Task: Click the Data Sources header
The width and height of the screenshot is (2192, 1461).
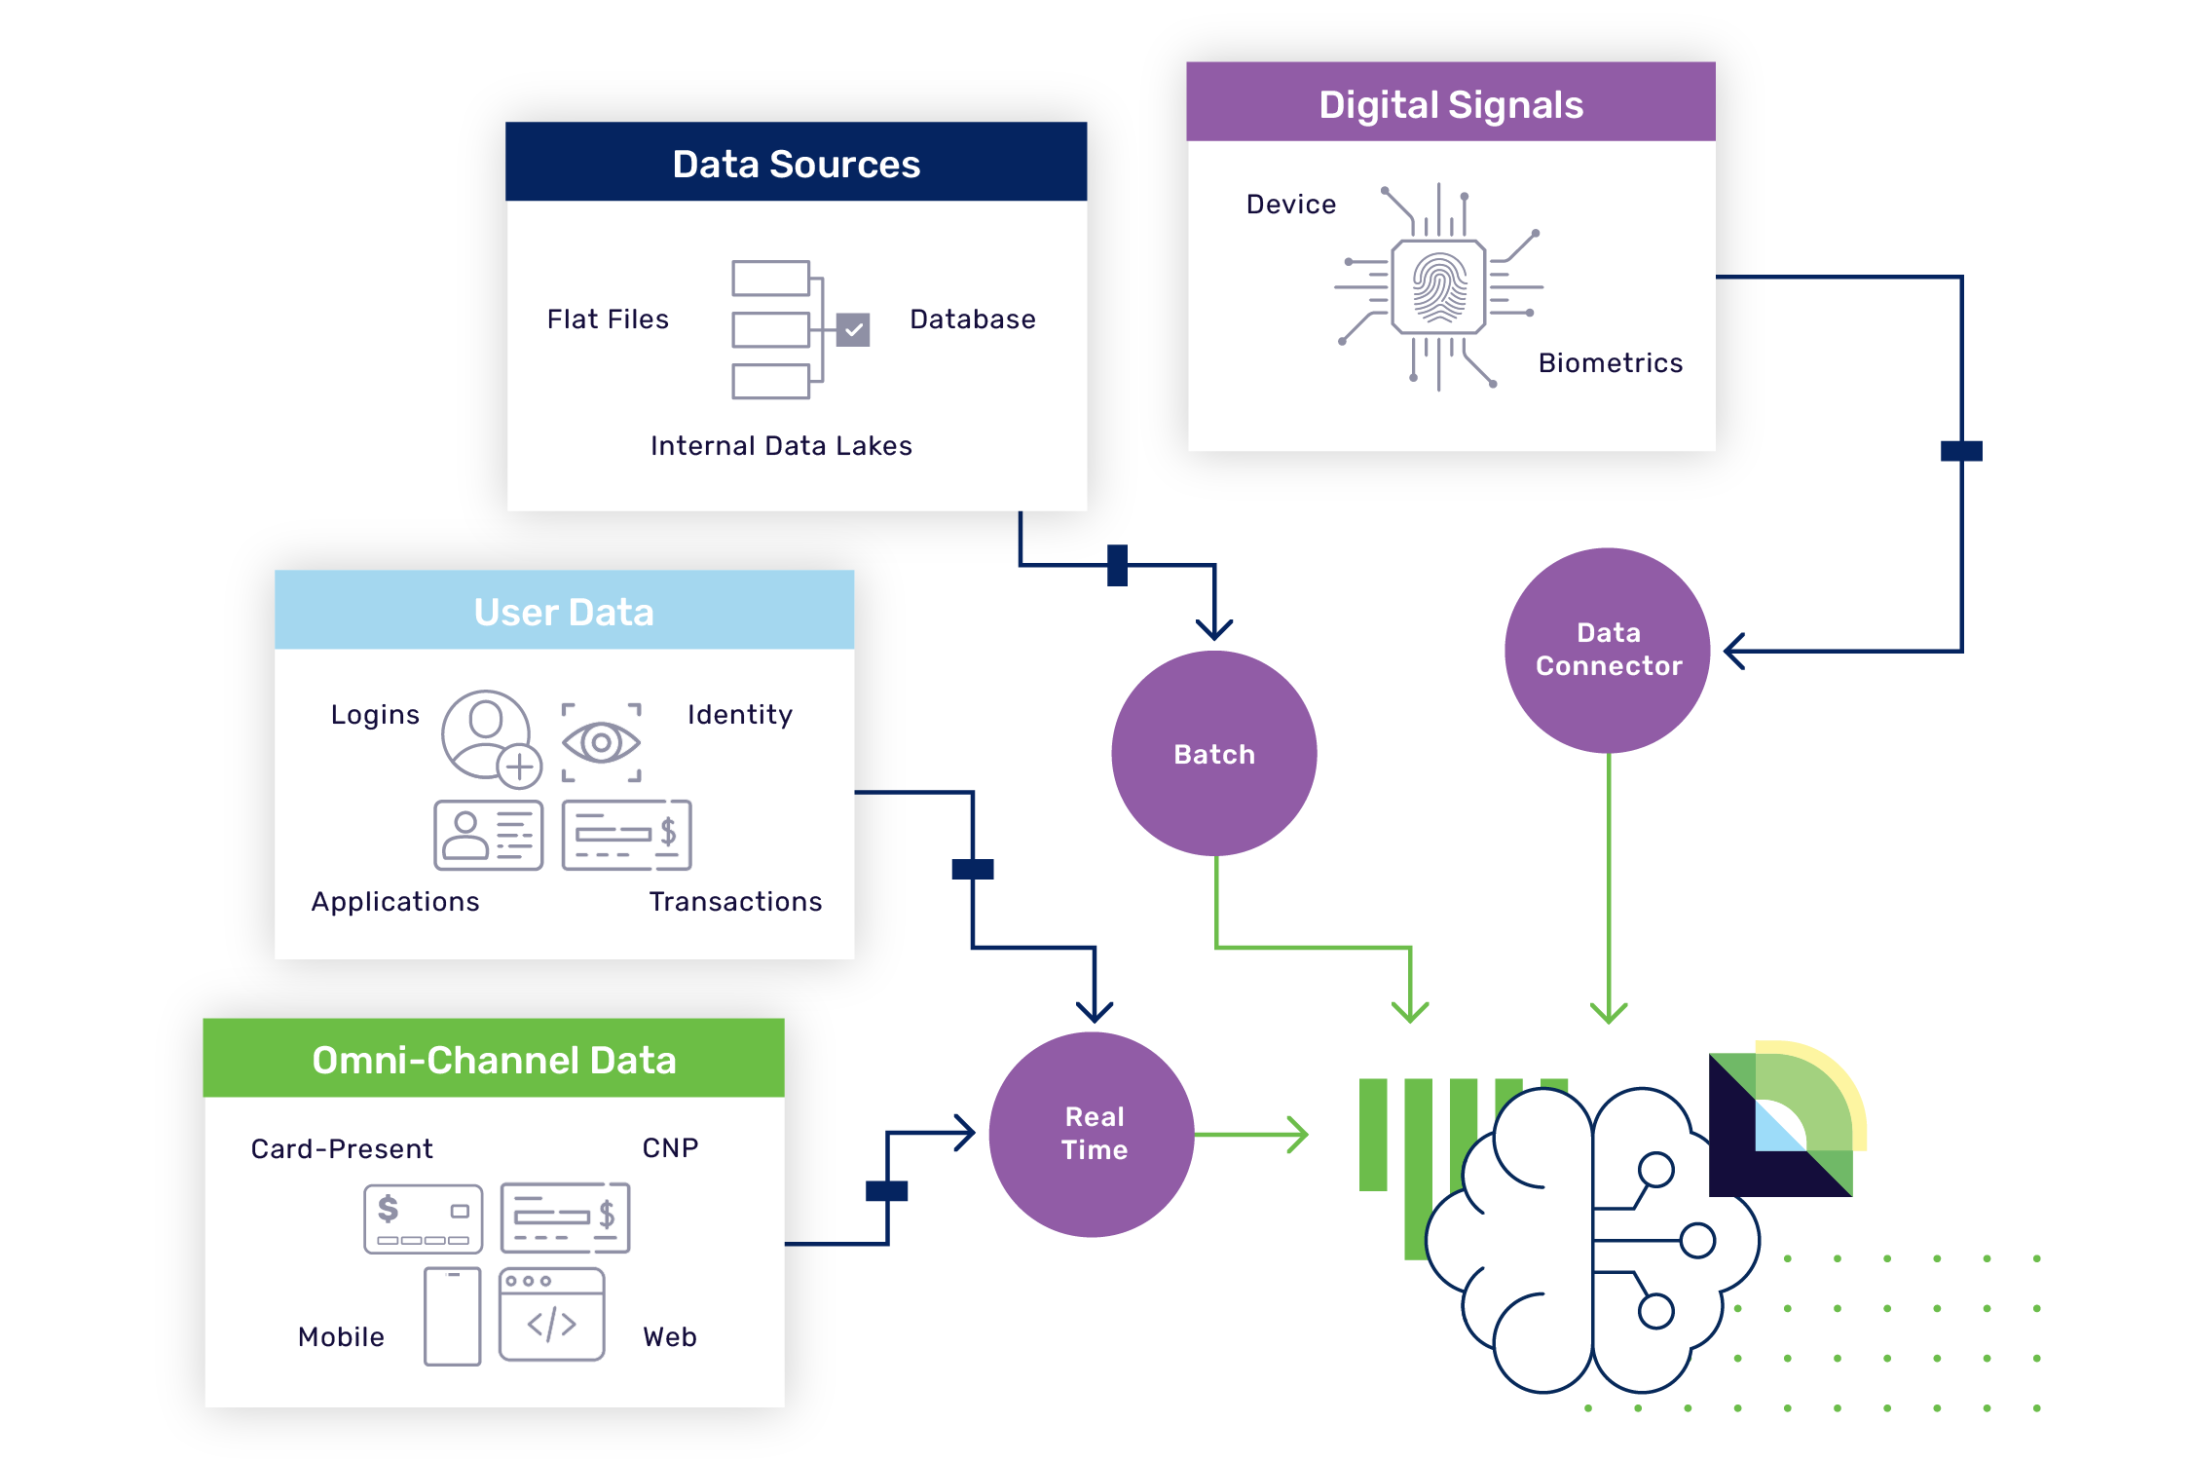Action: [x=796, y=162]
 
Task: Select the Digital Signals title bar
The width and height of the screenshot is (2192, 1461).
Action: [x=1450, y=102]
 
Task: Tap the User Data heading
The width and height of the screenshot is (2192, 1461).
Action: [x=564, y=611]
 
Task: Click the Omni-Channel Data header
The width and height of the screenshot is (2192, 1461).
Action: [x=494, y=1059]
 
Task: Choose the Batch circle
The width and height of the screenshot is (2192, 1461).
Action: [x=1213, y=753]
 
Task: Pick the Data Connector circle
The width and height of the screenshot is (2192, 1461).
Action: [x=1608, y=650]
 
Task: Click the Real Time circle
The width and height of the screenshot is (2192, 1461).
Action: [x=1092, y=1134]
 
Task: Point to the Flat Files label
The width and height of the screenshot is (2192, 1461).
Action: [x=608, y=319]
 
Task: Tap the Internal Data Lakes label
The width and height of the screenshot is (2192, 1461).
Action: [x=781, y=446]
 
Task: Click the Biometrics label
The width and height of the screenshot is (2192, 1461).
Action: [x=1611, y=363]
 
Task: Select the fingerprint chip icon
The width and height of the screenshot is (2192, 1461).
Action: [x=1438, y=287]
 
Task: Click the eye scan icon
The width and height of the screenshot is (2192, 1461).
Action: [x=601, y=743]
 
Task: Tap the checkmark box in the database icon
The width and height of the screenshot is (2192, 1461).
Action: [x=853, y=330]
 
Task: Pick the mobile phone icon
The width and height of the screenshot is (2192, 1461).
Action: [x=453, y=1317]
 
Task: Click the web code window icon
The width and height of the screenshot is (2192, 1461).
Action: [x=551, y=1314]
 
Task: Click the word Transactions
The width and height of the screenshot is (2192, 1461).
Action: [x=735, y=902]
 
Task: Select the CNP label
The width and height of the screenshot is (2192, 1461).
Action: [x=670, y=1148]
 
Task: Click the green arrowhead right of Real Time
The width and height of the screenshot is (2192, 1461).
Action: [x=1298, y=1135]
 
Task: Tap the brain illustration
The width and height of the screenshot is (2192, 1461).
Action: [x=1592, y=1240]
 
